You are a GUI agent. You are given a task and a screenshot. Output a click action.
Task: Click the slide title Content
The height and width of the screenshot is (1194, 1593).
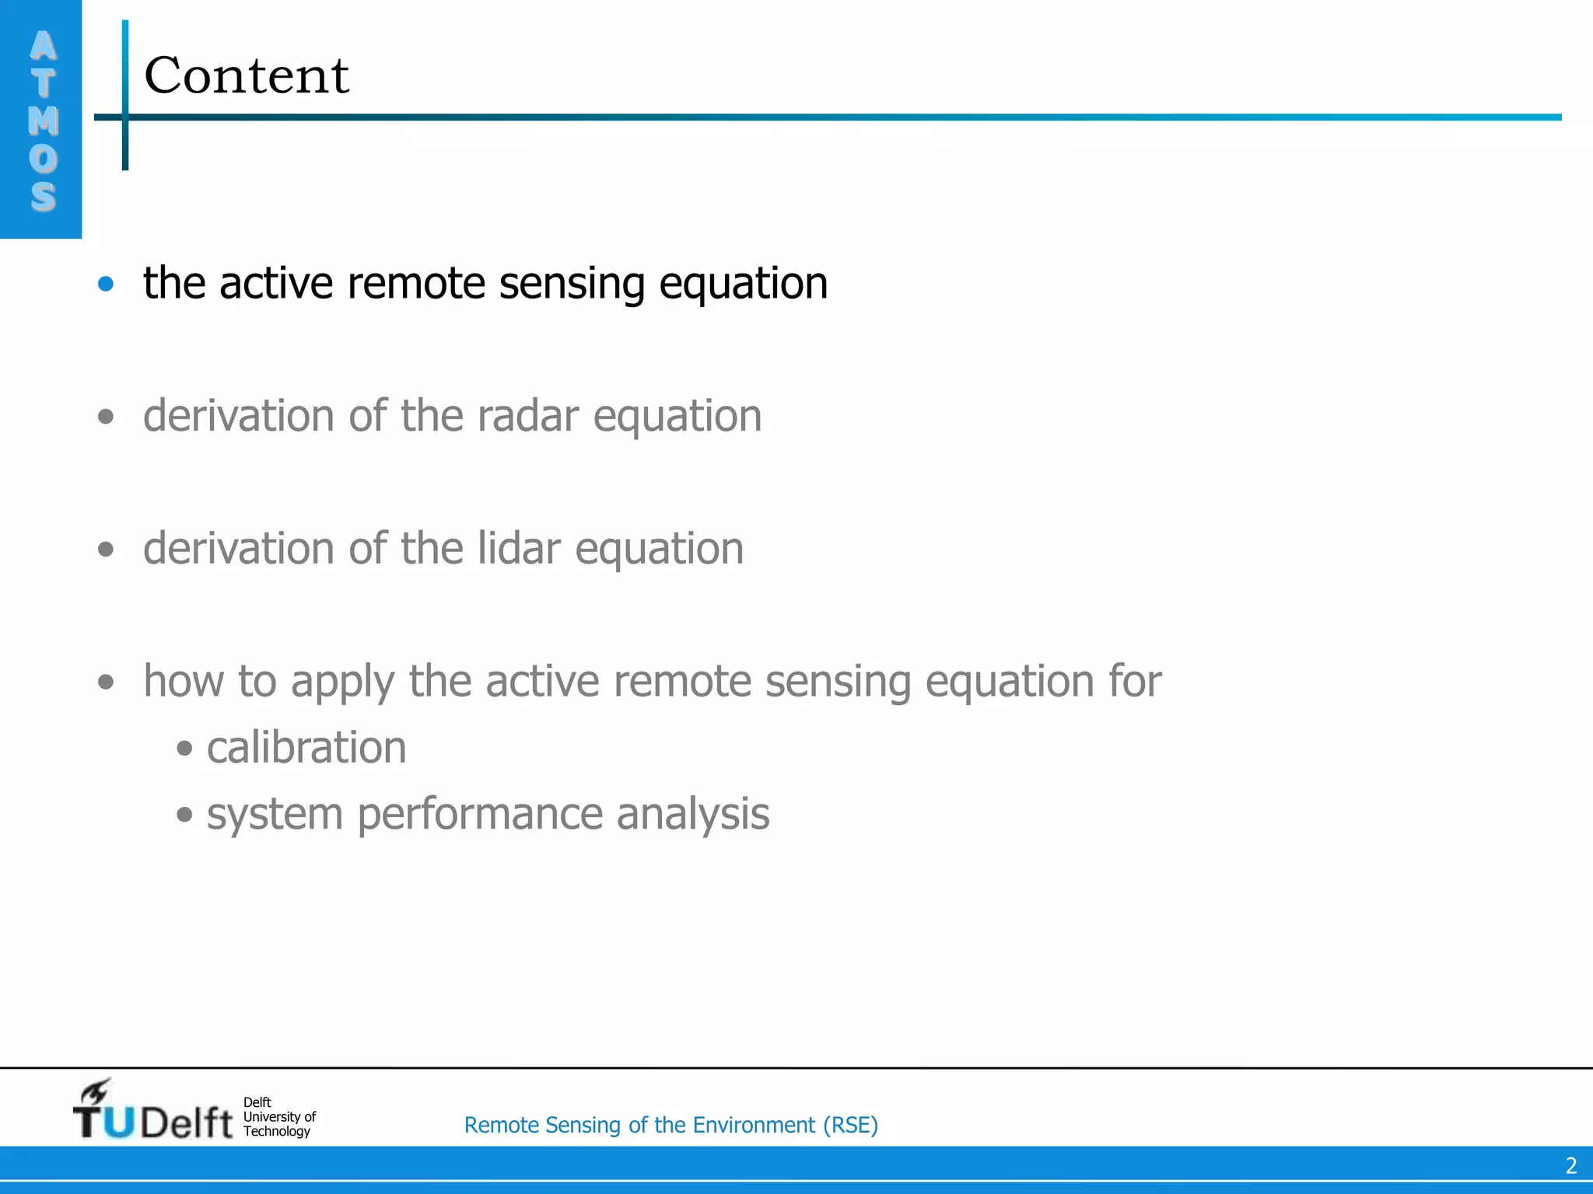[x=247, y=76]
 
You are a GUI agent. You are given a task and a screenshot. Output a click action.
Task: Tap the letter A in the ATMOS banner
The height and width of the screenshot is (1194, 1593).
[x=44, y=46]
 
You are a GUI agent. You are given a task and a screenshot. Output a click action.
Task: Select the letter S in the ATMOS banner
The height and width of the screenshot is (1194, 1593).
[x=44, y=196]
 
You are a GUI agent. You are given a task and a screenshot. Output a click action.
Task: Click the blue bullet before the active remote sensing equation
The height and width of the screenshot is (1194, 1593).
[x=106, y=284]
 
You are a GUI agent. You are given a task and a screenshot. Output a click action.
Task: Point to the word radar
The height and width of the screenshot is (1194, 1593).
[x=528, y=416]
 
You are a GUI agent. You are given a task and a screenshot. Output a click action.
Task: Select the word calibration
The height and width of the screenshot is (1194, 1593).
[x=306, y=748]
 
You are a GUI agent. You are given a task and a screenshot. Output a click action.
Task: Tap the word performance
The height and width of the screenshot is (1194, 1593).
[x=479, y=815]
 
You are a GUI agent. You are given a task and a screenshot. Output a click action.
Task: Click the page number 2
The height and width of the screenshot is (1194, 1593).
[x=1570, y=1166]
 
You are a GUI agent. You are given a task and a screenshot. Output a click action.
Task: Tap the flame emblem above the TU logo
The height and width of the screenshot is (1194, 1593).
[x=96, y=1091]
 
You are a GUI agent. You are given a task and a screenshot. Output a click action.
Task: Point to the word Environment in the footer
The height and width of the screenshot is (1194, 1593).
[x=754, y=1125]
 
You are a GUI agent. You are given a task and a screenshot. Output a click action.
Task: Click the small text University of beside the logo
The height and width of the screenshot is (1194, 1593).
[x=279, y=1116]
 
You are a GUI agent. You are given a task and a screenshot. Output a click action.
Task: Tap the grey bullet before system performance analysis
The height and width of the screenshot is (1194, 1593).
[x=184, y=815]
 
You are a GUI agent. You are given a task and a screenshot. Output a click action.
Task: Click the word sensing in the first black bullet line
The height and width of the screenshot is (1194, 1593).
[x=572, y=284]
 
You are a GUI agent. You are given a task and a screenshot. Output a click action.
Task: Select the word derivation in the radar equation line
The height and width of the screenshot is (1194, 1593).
[x=239, y=416]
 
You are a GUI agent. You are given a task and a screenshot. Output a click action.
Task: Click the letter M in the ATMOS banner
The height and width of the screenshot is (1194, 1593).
[x=44, y=120]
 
